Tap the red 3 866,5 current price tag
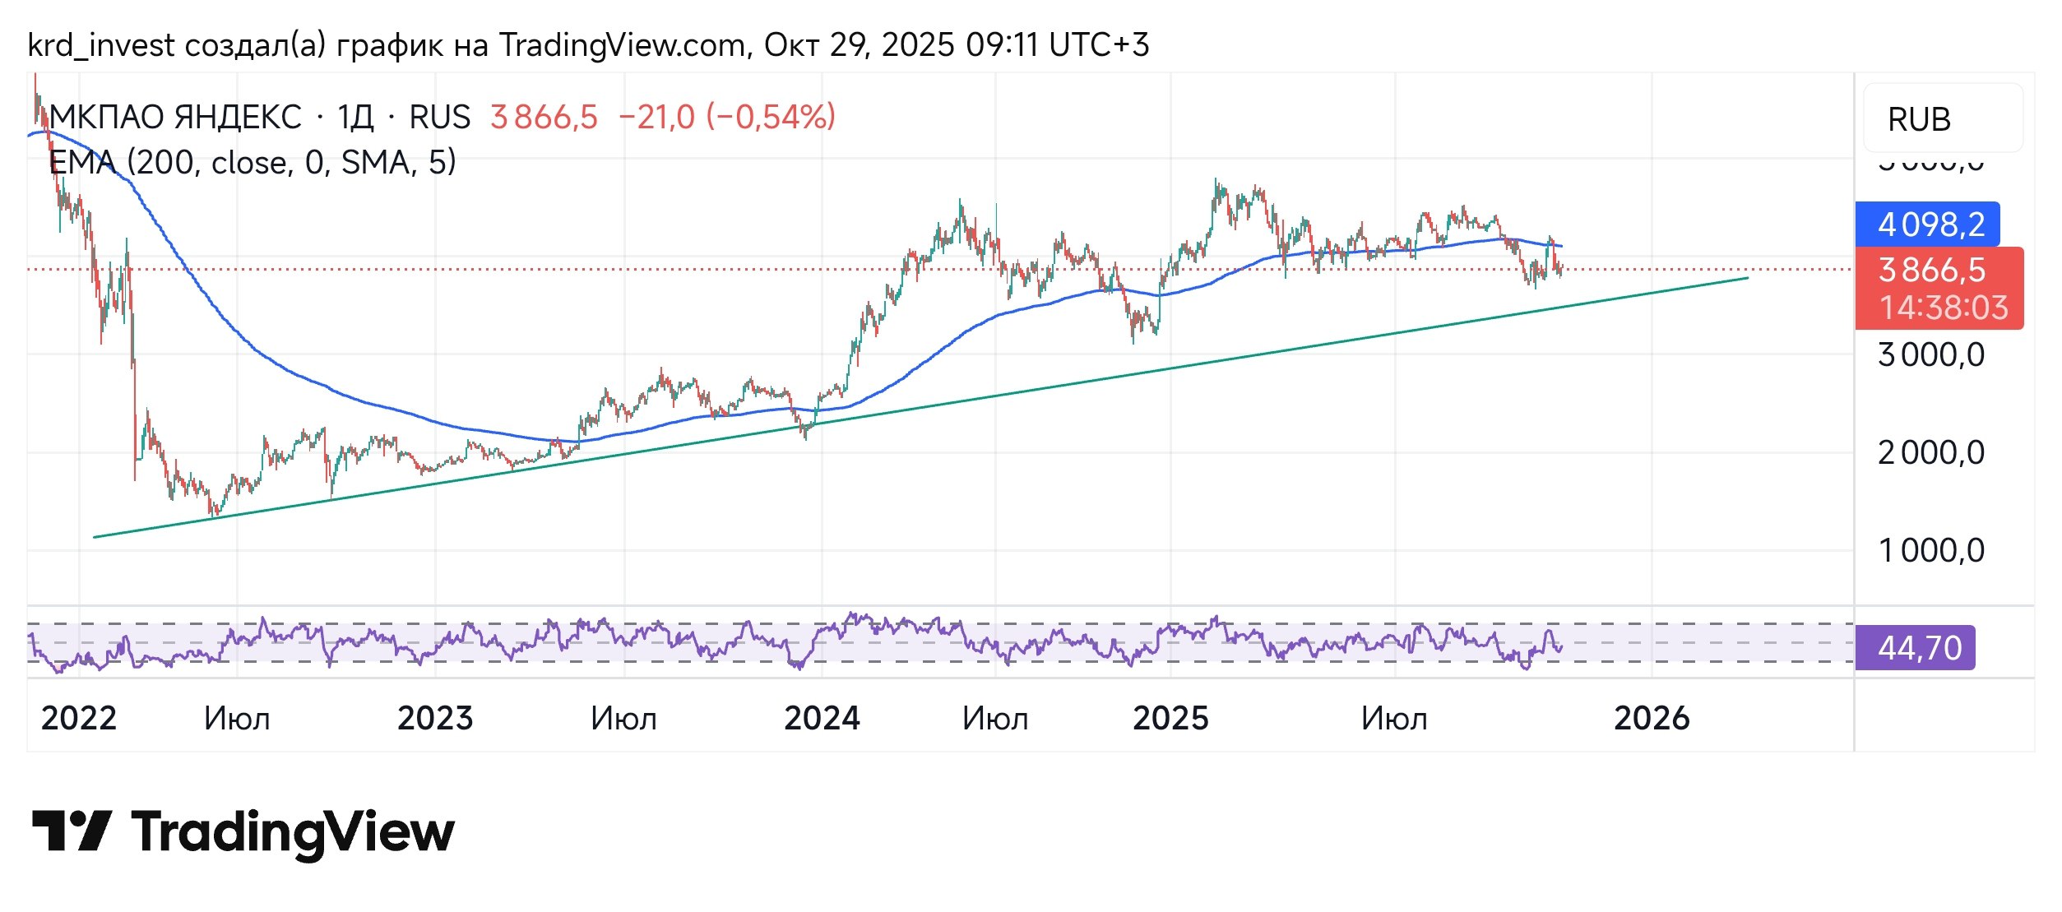[x=1931, y=270]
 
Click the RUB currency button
[x=1919, y=120]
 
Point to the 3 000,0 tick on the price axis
[x=1930, y=355]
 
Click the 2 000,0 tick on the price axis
[x=1930, y=453]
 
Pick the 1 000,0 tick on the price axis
[x=1930, y=550]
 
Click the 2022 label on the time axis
[x=79, y=719]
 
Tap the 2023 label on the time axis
[x=435, y=719]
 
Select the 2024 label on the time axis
[x=822, y=719]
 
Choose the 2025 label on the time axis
[x=1170, y=719]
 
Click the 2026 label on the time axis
[x=1652, y=719]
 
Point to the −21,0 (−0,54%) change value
[x=726, y=118]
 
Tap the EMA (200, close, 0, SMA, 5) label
[x=253, y=163]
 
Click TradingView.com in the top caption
[x=623, y=45]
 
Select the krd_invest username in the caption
[x=100, y=45]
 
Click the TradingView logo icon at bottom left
[x=72, y=831]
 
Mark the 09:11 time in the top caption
[x=1002, y=45]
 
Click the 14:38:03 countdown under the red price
[x=1944, y=308]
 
